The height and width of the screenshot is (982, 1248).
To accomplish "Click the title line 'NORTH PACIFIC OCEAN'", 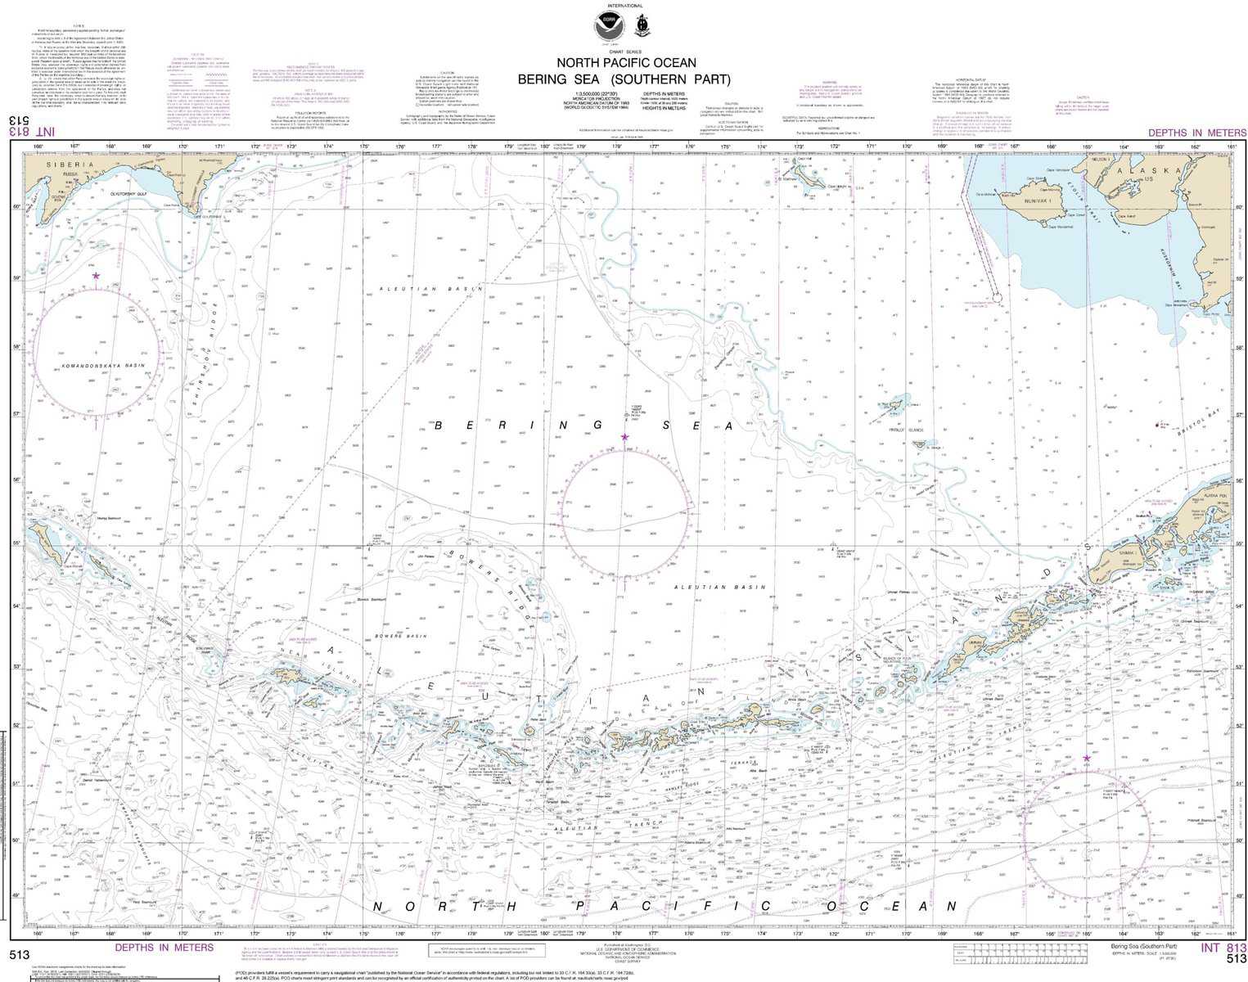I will click(626, 62).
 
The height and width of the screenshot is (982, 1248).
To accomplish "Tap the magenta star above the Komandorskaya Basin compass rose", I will click(96, 277).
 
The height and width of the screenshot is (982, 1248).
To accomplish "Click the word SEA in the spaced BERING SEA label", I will click(696, 426).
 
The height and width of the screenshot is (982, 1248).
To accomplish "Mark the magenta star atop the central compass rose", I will click(625, 438).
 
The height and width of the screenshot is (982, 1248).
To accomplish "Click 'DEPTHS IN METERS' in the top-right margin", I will click(1196, 133).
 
